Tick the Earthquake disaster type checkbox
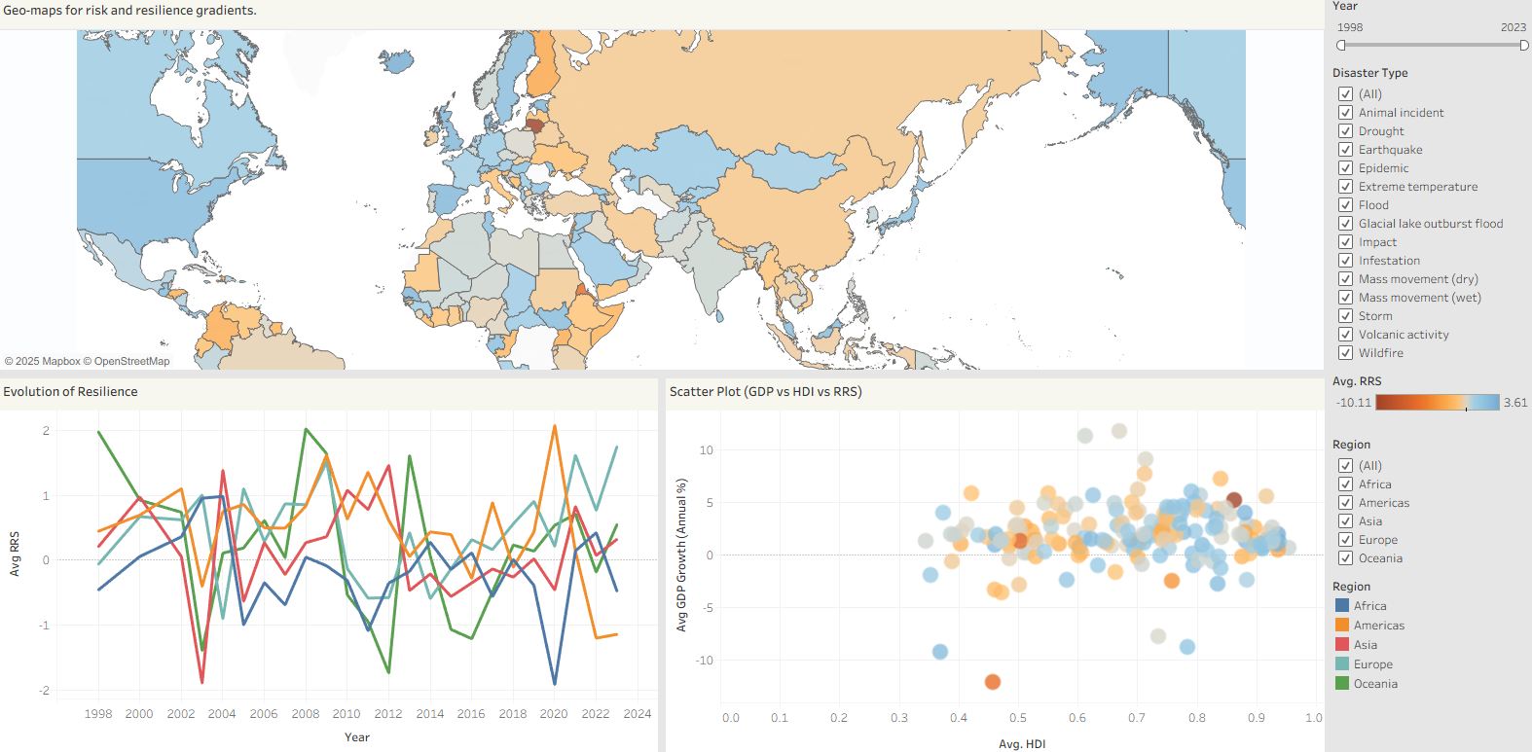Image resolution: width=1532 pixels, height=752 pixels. point(1345,150)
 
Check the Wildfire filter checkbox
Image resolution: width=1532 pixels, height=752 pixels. point(1345,353)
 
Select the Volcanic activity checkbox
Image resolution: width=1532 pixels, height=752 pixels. point(1345,335)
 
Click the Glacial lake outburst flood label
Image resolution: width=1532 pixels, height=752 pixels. point(1430,224)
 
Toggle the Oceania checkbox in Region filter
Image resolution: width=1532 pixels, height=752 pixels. point(1345,558)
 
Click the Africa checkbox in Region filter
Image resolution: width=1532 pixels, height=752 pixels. point(1345,484)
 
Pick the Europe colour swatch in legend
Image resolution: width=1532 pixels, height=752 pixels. point(1342,664)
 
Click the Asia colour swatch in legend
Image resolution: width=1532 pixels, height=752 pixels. point(1342,645)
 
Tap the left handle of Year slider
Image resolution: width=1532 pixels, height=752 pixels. point(1341,46)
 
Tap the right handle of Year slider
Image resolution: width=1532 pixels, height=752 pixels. point(1524,46)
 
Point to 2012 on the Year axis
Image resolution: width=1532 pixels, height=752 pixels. point(388,714)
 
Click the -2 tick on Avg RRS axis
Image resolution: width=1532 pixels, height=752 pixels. point(45,691)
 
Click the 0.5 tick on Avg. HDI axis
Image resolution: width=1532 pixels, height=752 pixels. point(1018,718)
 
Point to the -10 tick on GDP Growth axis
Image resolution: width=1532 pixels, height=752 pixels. point(705,661)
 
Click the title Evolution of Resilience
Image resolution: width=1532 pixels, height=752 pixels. point(70,392)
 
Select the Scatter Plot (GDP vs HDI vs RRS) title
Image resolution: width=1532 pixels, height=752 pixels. point(765,392)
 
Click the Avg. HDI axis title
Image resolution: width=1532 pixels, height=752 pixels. point(1022,744)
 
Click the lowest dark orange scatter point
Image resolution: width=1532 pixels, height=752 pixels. point(992,682)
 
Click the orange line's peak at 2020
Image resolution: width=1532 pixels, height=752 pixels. point(555,426)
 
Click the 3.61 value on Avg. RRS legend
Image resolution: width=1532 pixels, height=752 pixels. point(1515,403)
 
